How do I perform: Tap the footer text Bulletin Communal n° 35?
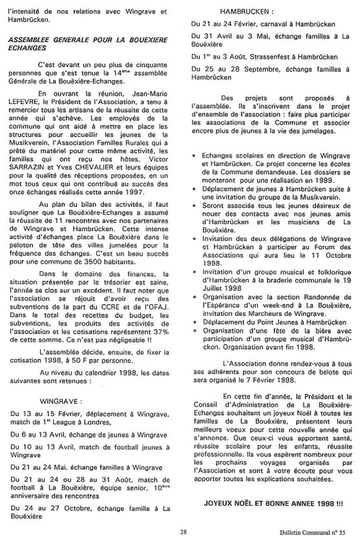[x=312, y=532]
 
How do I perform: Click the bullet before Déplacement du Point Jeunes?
[x=194, y=322]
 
